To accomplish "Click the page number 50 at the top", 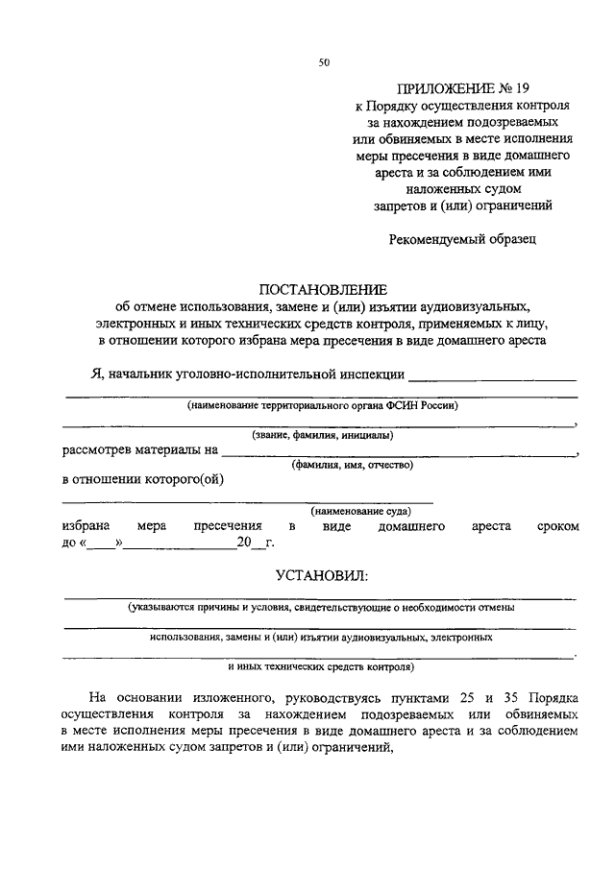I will coord(324,63).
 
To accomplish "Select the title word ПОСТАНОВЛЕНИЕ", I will coord(322,288).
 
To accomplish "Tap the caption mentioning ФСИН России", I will coord(323,406).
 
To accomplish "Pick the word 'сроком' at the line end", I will coord(558,527).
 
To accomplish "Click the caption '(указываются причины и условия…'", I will coord(322,608).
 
